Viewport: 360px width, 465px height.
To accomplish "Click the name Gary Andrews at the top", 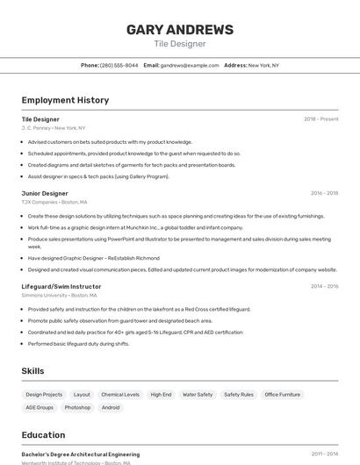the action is point(180,30).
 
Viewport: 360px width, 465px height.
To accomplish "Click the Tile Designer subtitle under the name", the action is point(180,44).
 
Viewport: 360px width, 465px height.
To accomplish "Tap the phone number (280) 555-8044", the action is point(119,65).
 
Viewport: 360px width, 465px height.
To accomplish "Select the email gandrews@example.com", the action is point(190,65).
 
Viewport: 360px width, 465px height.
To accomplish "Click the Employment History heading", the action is point(65,100).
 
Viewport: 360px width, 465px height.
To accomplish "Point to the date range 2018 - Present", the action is point(321,118).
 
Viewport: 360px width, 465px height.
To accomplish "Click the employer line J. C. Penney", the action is point(54,128).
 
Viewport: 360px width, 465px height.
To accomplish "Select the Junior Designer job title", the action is point(45,193).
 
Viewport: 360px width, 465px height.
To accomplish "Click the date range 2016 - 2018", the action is point(324,193).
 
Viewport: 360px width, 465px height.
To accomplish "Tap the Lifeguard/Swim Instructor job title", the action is point(61,286).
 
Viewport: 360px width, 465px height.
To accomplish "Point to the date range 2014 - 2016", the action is point(324,286).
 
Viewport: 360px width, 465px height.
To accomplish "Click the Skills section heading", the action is point(33,371).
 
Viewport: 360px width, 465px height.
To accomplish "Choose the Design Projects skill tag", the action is point(44,395).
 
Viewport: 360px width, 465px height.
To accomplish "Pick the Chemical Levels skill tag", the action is point(120,395).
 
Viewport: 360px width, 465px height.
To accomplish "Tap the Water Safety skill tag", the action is point(198,395).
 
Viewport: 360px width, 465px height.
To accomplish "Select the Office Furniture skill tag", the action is point(283,395).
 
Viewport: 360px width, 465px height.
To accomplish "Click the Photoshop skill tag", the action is point(77,407).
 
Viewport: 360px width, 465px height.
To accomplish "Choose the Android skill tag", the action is point(111,407).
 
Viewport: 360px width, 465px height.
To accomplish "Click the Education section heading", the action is point(43,434).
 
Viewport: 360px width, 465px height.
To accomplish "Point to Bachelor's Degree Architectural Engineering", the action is point(81,454).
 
